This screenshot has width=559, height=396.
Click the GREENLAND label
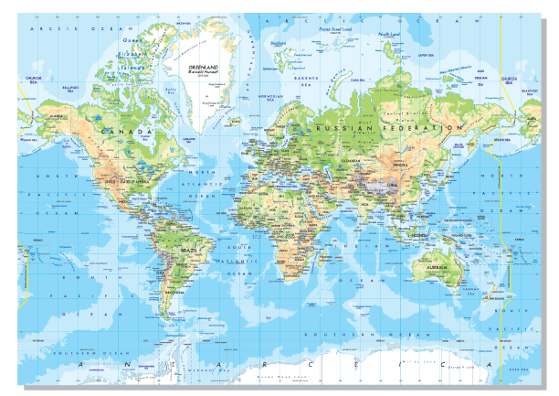202,67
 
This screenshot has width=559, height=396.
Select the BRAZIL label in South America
189,250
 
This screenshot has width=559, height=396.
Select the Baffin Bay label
170,89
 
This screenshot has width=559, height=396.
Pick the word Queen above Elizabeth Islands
131,39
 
